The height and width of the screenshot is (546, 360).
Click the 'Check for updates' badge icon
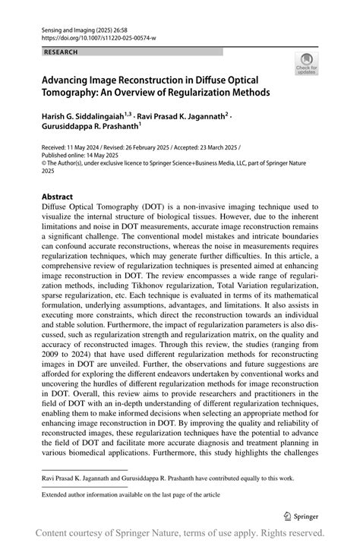[307, 64]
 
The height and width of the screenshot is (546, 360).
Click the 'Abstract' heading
[58, 196]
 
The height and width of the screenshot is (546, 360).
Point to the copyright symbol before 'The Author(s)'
[43, 160]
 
